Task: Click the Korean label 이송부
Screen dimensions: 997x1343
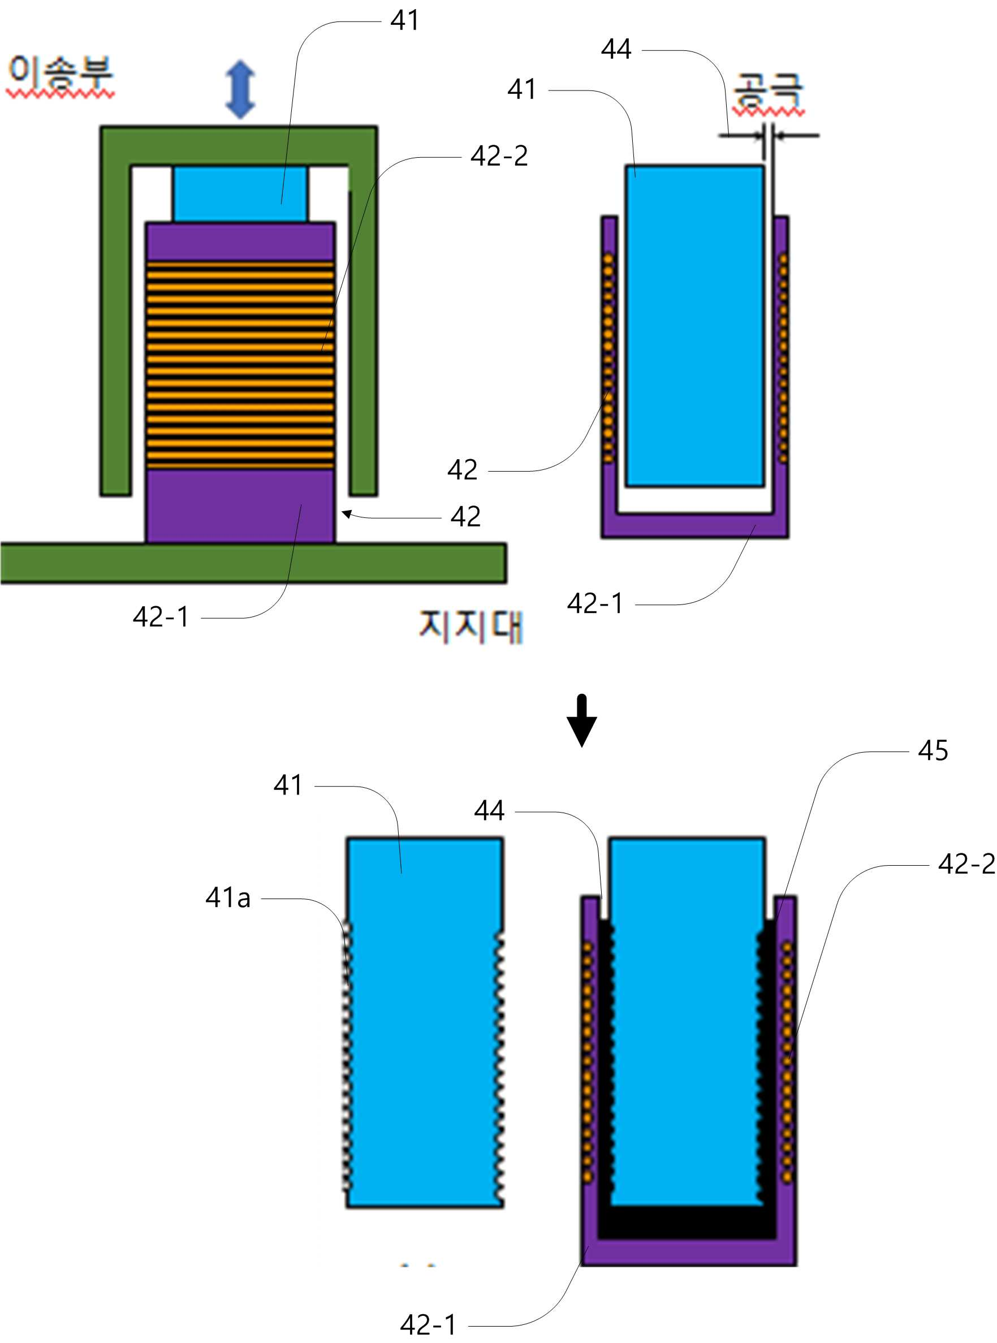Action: tap(61, 73)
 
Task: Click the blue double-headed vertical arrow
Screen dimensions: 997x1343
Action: tap(240, 89)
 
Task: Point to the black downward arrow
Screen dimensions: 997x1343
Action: tap(582, 720)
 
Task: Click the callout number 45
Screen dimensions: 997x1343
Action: tap(933, 750)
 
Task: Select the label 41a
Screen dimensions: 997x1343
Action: tap(227, 897)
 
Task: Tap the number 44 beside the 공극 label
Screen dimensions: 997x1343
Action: tap(616, 49)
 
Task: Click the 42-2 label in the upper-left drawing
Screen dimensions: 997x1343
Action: tap(499, 156)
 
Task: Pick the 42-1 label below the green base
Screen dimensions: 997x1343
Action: tap(161, 616)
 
